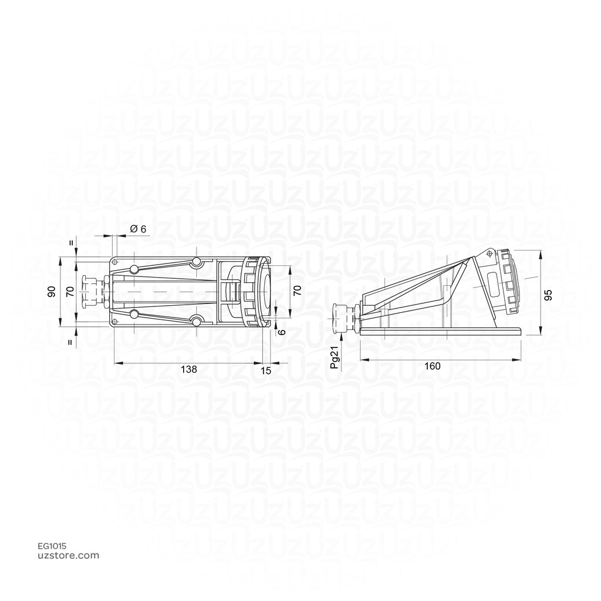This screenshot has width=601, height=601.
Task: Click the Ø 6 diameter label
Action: (x=139, y=229)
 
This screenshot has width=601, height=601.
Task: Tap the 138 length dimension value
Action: (x=189, y=369)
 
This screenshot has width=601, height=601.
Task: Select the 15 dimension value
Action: (x=266, y=371)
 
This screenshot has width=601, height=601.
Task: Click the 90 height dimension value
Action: (x=52, y=292)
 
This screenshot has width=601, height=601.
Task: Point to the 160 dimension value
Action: (x=433, y=366)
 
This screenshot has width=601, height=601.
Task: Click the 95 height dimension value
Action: (x=549, y=295)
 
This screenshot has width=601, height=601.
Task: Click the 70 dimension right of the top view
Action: (x=298, y=290)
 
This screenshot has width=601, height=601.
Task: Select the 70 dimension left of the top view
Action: (x=70, y=292)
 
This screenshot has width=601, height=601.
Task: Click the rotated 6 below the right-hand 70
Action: (x=282, y=333)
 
